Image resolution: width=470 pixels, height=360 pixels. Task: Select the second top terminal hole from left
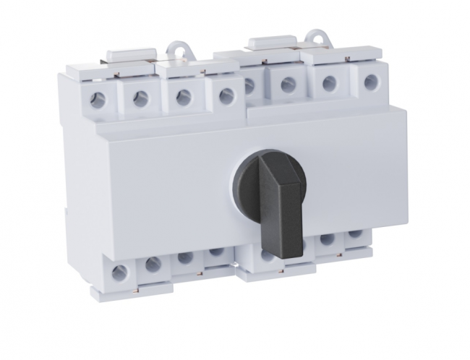140,98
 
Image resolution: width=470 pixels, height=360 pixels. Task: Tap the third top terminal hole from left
184,95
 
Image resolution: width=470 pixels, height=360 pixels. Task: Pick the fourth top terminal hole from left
226,93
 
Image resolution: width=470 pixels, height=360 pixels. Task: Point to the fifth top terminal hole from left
249,86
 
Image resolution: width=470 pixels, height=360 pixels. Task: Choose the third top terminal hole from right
288,85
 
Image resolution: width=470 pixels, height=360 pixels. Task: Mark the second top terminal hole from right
329,82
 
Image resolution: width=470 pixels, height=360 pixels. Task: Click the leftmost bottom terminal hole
120,273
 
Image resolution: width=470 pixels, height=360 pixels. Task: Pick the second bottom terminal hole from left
153,265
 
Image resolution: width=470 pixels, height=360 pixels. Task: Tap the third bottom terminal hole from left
185,258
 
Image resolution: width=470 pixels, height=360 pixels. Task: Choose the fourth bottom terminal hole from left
215,253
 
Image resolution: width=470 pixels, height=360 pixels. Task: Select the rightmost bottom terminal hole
354,234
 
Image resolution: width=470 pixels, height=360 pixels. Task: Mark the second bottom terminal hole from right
327,239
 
